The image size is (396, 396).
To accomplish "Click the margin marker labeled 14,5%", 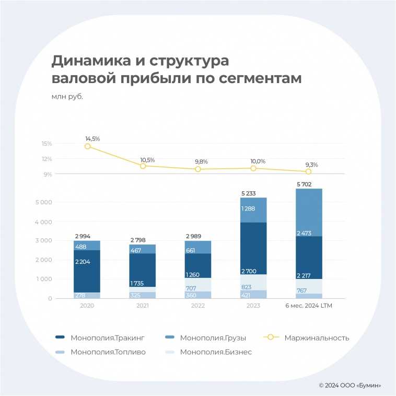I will point(87,146).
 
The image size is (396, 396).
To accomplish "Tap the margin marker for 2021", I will point(143,166).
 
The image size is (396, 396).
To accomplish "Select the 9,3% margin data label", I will point(311,165).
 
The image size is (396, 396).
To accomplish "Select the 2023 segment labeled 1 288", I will point(253,209).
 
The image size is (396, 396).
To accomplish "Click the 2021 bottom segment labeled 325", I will point(143,295).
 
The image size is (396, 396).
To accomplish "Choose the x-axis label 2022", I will point(198,306).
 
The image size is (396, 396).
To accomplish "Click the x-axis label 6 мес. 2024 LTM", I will point(308,306).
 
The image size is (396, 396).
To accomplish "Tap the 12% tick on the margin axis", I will point(47,159).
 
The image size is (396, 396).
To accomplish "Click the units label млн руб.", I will point(67,96).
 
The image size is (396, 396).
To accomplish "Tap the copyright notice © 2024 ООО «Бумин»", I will point(350,386).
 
